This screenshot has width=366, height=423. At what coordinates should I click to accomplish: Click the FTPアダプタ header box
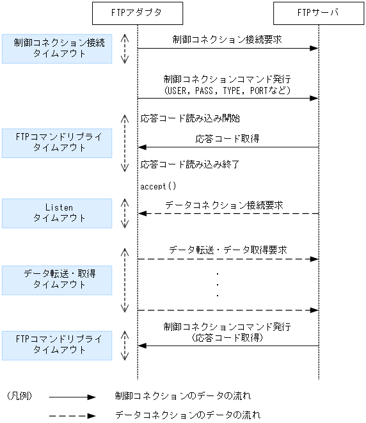pyautogui.click(x=137, y=12)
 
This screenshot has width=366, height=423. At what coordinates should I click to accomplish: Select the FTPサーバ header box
pyautogui.click(x=318, y=12)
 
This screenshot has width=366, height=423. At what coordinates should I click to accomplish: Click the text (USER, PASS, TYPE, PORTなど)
pyautogui.click(x=228, y=91)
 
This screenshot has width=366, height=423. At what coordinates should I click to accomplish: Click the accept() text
pyautogui.click(x=157, y=186)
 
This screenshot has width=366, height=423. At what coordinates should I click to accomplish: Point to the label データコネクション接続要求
pyautogui.click(x=224, y=205)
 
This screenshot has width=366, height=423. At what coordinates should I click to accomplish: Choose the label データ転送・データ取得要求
pyautogui.click(x=228, y=250)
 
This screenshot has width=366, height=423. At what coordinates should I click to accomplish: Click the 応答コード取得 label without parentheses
pyautogui.click(x=228, y=138)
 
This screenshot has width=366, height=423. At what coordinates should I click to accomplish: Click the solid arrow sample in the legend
pyautogui.click(x=72, y=397)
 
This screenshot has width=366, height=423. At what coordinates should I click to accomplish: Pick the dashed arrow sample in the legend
pyautogui.click(x=72, y=415)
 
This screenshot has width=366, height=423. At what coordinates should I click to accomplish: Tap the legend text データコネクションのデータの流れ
pyautogui.click(x=188, y=415)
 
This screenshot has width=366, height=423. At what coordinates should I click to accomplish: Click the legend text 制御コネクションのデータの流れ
pyautogui.click(x=183, y=397)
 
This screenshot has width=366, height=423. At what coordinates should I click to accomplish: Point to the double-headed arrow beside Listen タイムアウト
pyautogui.click(x=125, y=213)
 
